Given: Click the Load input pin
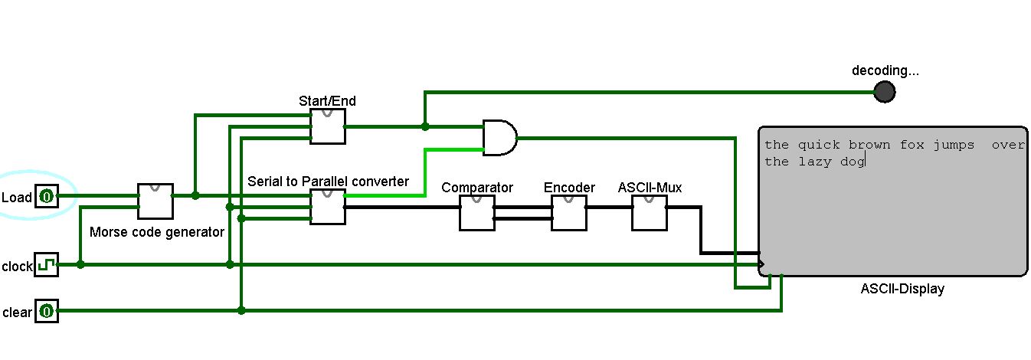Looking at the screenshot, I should click(x=47, y=197).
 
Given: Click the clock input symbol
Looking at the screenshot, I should click(x=47, y=265).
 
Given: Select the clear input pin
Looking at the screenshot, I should click(x=47, y=311).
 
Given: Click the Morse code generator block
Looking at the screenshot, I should click(x=155, y=201).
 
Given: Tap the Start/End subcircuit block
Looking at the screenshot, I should click(x=327, y=126).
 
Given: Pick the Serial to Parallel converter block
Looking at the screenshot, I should click(x=327, y=207).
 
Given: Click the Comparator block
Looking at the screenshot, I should click(x=476, y=212).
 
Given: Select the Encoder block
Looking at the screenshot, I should click(x=569, y=212).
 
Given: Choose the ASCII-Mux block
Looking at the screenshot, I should click(x=650, y=212).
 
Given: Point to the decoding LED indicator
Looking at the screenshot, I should click(x=885, y=92).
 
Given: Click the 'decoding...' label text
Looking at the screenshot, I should click(x=885, y=71).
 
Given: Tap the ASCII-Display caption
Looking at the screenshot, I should click(x=902, y=289).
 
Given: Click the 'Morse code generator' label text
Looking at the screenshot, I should click(x=157, y=231).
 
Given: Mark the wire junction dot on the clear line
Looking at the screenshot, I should click(x=241, y=310).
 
